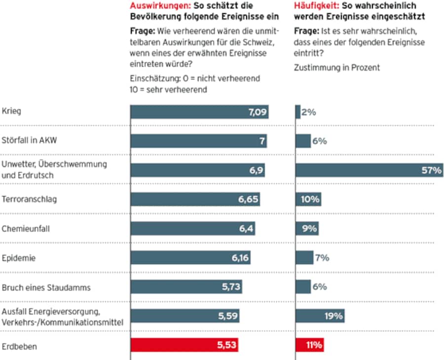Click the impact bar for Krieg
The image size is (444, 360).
click(200, 112)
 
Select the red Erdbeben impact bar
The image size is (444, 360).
click(185, 345)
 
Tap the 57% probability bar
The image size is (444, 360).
click(369, 170)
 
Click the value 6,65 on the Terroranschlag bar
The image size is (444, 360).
click(249, 200)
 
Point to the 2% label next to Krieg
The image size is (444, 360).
click(308, 112)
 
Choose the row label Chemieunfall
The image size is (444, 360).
click(26, 229)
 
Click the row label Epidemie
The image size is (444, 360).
click(19, 258)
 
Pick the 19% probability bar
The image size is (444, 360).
click(320, 316)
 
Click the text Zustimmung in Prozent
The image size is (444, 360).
click(337, 68)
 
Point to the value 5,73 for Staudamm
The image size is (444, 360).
click(231, 287)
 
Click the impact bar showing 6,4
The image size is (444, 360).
click(193, 229)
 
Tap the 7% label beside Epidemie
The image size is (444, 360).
click(323, 258)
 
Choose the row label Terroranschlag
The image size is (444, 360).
click(30, 200)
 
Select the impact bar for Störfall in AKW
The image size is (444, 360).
click(199, 141)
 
